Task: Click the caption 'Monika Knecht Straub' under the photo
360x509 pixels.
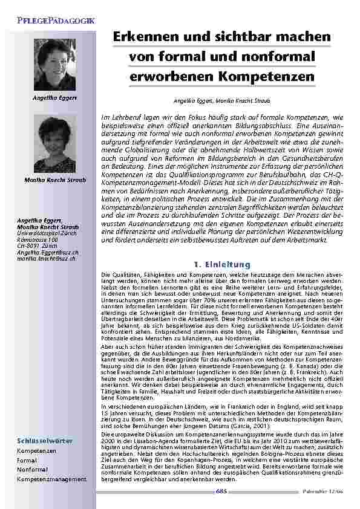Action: [x=54, y=180]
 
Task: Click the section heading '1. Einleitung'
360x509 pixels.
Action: [x=222, y=264]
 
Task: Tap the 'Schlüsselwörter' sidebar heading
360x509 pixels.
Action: [x=45, y=441]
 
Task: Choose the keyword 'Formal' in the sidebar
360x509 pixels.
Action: [x=27, y=460]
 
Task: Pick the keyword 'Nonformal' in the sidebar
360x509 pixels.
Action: [x=32, y=469]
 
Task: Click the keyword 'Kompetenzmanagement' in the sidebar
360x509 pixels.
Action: [x=51, y=479]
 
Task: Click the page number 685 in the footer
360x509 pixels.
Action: [x=222, y=491]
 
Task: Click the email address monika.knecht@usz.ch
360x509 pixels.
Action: [x=46, y=259]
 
